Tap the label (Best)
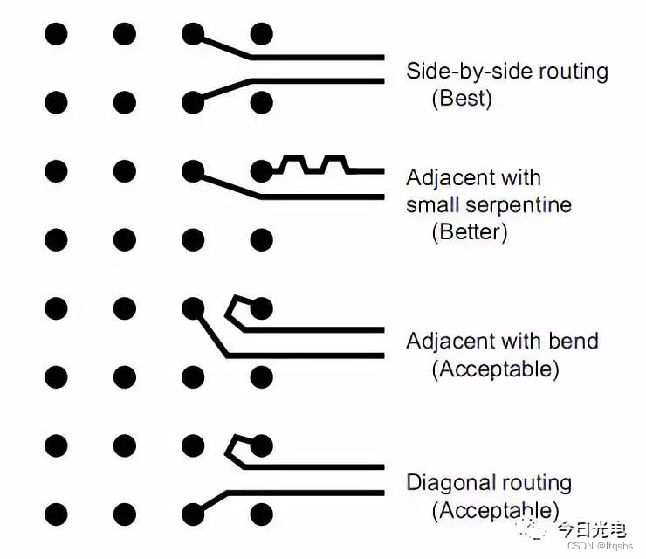[462, 98]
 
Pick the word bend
[574, 341]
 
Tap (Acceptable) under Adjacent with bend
[495, 369]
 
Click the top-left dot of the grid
[56, 35]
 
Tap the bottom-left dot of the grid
[56, 514]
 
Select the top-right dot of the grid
[261, 35]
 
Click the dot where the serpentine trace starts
[261, 169]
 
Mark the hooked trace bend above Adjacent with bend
[236, 308]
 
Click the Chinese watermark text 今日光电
[592, 528]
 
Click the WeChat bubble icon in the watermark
[533, 527]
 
